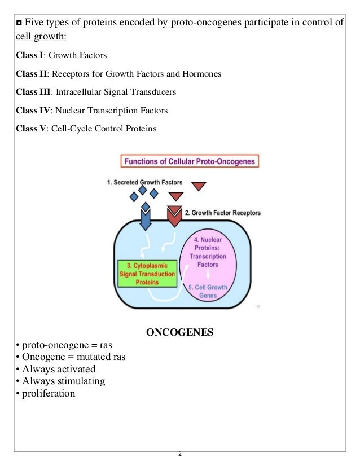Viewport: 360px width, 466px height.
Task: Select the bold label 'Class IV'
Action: [x=30, y=111]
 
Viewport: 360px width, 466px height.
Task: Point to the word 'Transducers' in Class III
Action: [x=154, y=93]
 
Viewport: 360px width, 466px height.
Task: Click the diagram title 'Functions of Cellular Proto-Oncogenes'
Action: [x=190, y=161]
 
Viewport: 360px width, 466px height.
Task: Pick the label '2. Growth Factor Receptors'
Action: [x=222, y=213]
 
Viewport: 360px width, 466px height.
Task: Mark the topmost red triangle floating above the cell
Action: [x=199, y=186]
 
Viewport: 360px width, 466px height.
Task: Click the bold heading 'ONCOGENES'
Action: [x=179, y=332]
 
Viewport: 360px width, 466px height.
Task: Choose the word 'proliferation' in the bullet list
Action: [x=49, y=393]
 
